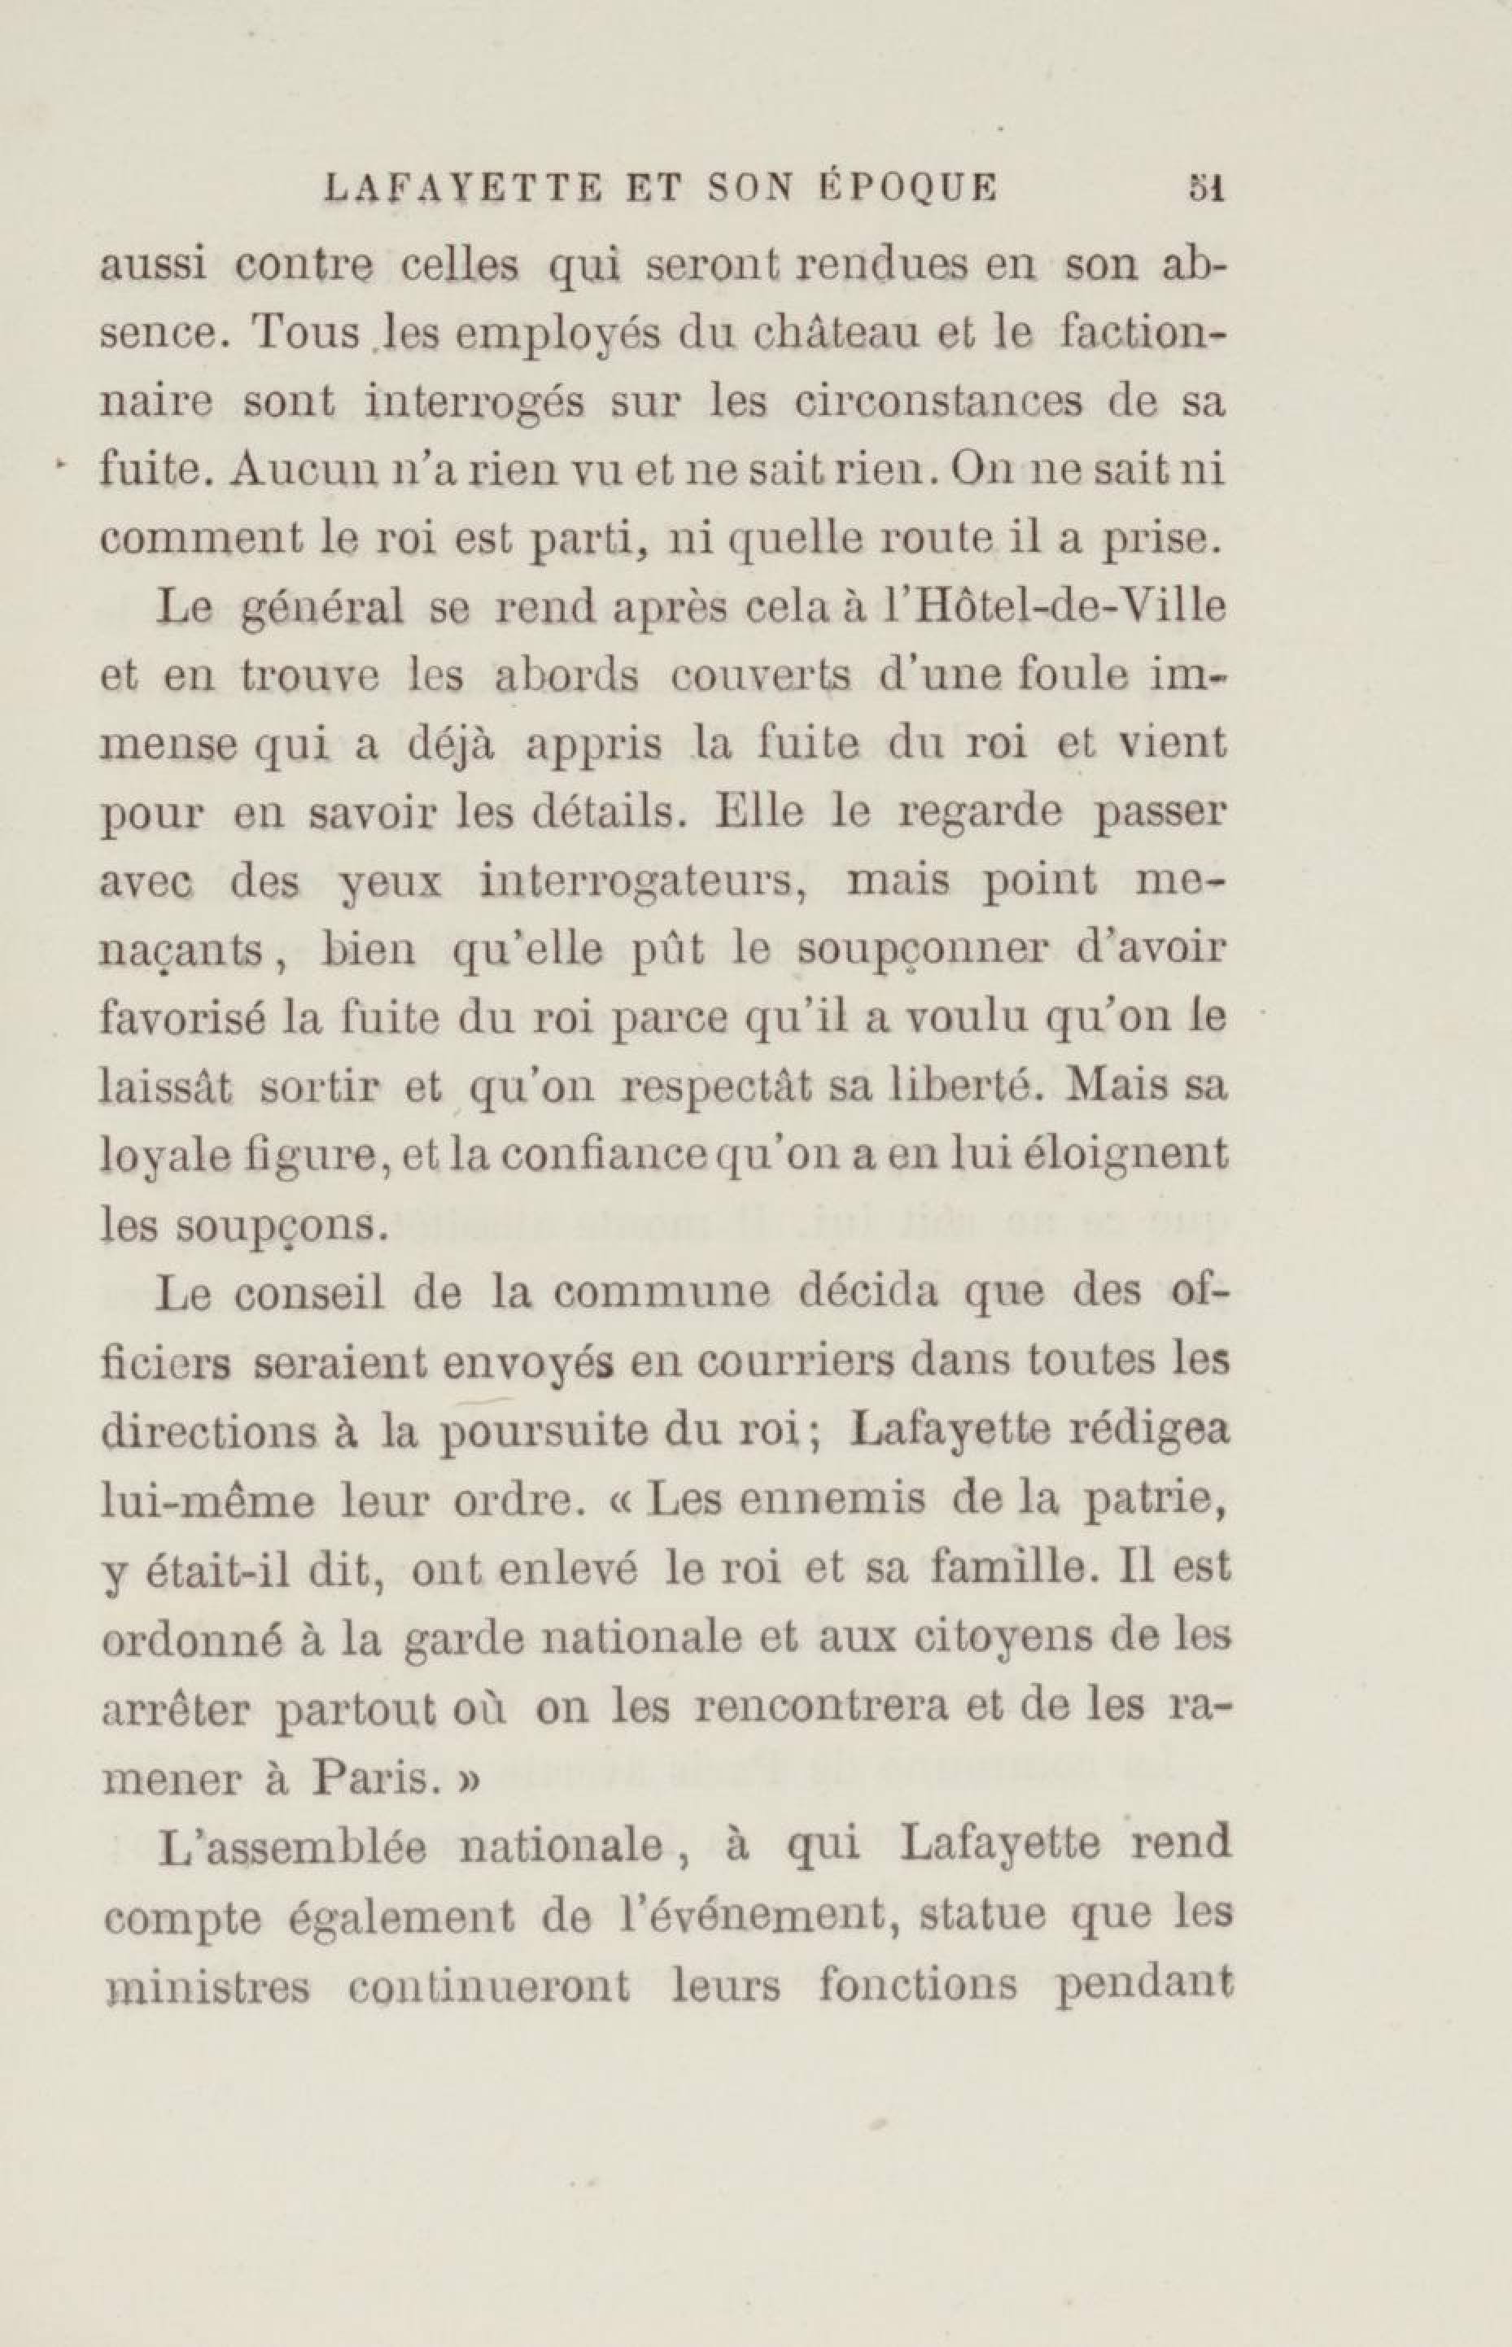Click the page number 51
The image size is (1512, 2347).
tap(1203, 186)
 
